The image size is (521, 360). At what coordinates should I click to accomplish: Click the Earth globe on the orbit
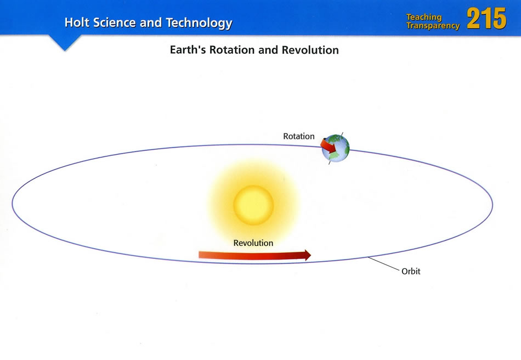(336, 148)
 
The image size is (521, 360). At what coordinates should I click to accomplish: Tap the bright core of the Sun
(253, 205)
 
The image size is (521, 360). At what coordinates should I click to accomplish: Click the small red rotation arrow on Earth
(329, 146)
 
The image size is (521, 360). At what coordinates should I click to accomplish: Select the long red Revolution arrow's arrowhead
(308, 255)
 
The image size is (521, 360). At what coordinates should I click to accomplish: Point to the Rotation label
(299, 136)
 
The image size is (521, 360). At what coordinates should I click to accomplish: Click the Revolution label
(253, 243)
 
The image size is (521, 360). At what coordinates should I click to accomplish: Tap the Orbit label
(411, 271)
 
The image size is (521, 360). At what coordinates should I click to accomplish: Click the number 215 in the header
(486, 19)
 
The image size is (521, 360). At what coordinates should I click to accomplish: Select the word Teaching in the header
(424, 17)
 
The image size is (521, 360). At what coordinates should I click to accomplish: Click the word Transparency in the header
(433, 26)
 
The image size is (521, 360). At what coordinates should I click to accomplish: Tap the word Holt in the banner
(77, 22)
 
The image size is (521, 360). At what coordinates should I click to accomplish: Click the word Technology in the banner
(199, 23)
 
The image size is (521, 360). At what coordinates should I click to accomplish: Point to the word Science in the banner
(115, 22)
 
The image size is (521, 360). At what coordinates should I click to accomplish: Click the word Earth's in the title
(188, 50)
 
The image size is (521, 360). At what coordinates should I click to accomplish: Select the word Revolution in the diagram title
(310, 50)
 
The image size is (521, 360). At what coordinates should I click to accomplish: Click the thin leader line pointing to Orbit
(383, 263)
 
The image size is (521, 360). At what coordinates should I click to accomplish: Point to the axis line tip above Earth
(343, 133)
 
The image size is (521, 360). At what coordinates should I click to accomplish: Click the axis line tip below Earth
(329, 164)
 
